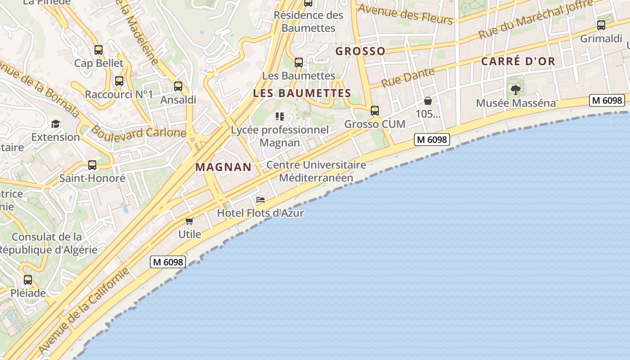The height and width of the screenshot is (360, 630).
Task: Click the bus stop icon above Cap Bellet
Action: (99, 50)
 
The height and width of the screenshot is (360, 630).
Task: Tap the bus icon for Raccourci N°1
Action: (119, 81)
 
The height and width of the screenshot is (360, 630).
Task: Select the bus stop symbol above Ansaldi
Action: (178, 86)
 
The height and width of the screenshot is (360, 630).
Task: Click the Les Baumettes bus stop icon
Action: (299, 63)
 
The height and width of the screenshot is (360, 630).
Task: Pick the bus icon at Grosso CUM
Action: (375, 110)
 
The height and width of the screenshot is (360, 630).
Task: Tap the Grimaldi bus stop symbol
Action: (601, 25)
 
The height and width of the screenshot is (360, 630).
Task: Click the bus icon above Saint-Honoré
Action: (92, 165)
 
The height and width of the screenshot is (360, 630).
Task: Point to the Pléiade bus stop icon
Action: (28, 280)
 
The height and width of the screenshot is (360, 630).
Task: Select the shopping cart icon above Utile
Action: (189, 221)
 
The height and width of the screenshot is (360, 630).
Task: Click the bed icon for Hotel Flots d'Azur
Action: (261, 200)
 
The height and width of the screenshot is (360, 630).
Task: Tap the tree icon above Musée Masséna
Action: (516, 90)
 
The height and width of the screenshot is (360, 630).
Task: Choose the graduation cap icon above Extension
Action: (55, 124)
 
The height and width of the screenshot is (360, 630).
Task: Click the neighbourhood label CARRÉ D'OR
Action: (518, 62)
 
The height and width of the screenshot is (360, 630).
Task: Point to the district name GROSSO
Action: (360, 51)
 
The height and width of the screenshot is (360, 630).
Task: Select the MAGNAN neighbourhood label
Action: (224, 167)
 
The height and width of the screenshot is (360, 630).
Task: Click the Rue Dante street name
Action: (408, 77)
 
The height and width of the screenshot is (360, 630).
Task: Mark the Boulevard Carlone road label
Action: (139, 132)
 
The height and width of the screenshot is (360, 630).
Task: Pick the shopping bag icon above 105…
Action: (428, 101)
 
